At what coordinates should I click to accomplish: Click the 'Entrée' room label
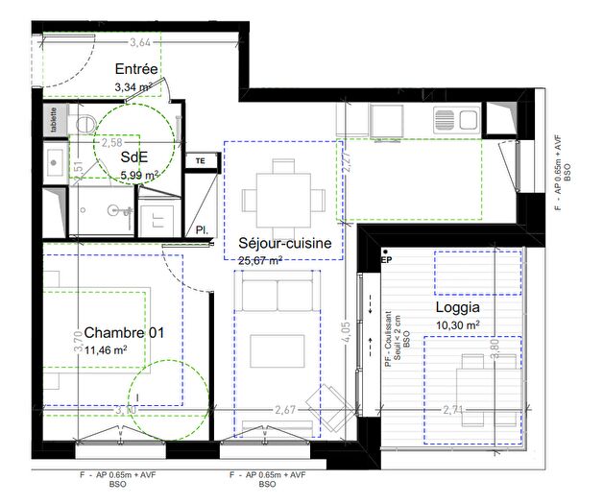(135, 69)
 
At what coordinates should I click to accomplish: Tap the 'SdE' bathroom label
(133, 158)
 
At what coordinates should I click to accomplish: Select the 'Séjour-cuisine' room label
(285, 244)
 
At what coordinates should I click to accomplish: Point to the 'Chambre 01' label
(124, 332)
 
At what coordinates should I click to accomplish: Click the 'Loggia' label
(457, 308)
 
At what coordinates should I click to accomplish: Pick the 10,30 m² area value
(456, 326)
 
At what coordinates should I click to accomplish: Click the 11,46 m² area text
(107, 350)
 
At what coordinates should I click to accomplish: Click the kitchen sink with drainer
(456, 119)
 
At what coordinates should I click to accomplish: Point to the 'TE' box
(201, 161)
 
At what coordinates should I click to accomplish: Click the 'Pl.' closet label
(203, 230)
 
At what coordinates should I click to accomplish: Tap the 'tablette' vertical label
(54, 120)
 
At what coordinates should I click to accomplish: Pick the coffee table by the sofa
(278, 350)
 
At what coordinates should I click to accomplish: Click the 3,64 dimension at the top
(139, 42)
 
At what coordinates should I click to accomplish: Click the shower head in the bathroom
(119, 208)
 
